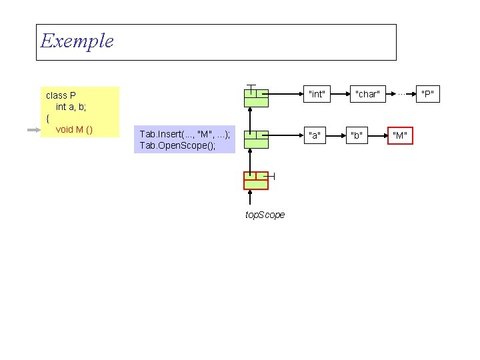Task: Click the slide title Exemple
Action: pos(77,41)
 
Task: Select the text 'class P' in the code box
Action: pos(61,95)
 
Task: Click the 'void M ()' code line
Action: pos(74,129)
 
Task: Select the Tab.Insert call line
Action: pos(185,134)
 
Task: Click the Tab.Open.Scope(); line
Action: pos(177,145)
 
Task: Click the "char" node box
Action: pos(367,94)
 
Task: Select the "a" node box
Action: pos(315,136)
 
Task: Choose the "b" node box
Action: pos(357,136)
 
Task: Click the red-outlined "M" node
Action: pos(400,137)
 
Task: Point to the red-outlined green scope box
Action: pos(256,181)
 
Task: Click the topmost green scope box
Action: pos(256,97)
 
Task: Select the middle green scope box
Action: pos(256,139)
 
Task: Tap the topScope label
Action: pos(265,215)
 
